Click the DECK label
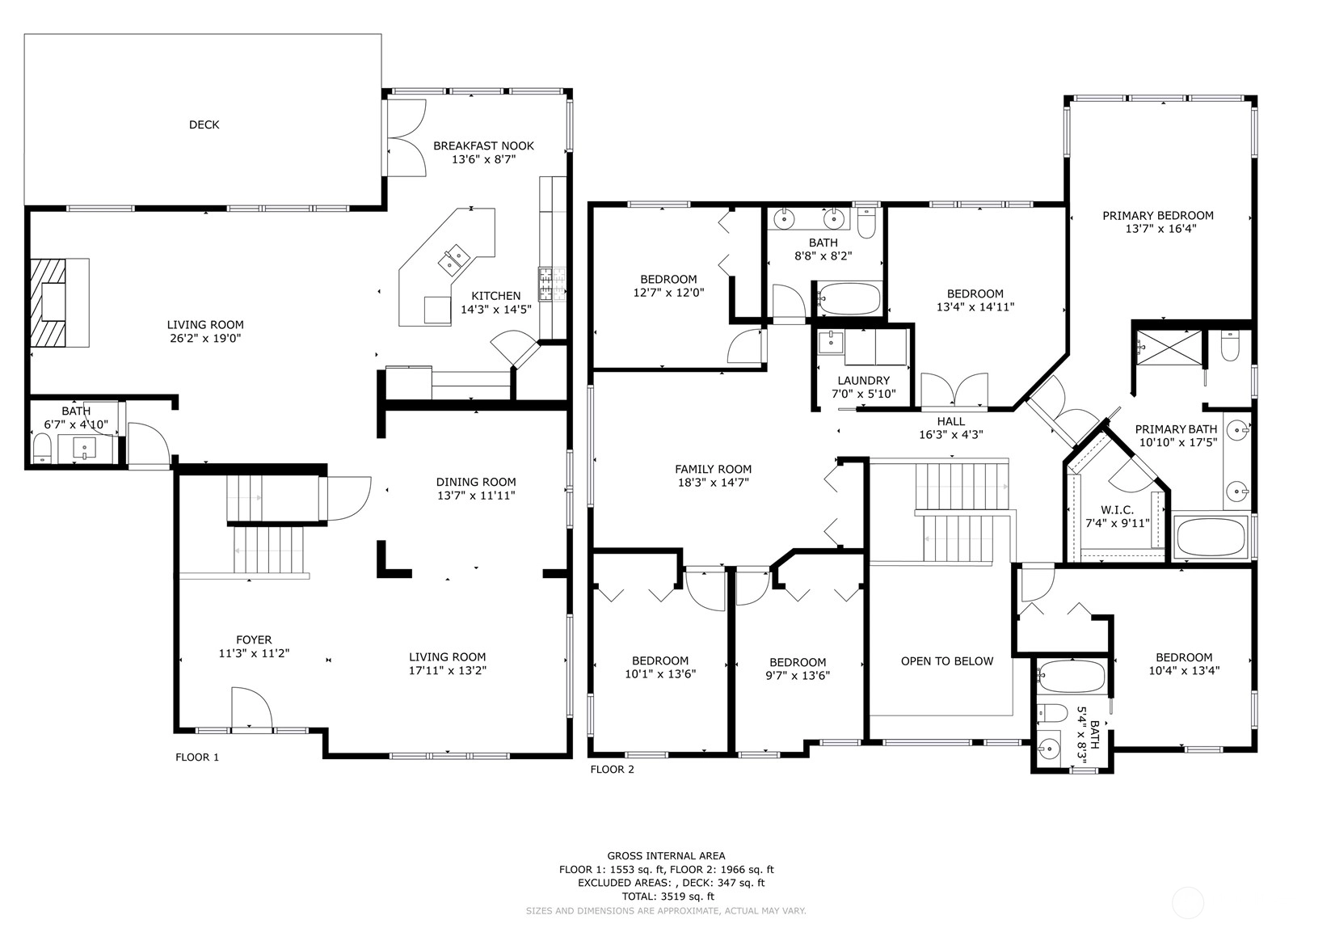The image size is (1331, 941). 204,124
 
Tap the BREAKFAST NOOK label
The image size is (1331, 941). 484,146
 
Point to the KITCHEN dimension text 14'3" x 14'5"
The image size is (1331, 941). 496,309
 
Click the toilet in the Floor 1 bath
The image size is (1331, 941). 41,448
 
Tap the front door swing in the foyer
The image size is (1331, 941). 251,707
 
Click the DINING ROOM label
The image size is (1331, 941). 476,482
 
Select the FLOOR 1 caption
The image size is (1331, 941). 197,757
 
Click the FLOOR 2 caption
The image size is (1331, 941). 612,769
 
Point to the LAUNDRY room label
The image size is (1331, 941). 863,381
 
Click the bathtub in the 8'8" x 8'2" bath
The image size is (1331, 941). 849,298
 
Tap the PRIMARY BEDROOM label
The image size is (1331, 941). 1158,216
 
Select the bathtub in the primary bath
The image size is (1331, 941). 1211,537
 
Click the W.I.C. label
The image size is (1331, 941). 1117,510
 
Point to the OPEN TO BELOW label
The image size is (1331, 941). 947,661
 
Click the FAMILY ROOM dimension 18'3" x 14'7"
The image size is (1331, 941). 713,483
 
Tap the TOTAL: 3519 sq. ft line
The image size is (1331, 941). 668,897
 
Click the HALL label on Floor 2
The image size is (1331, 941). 950,421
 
